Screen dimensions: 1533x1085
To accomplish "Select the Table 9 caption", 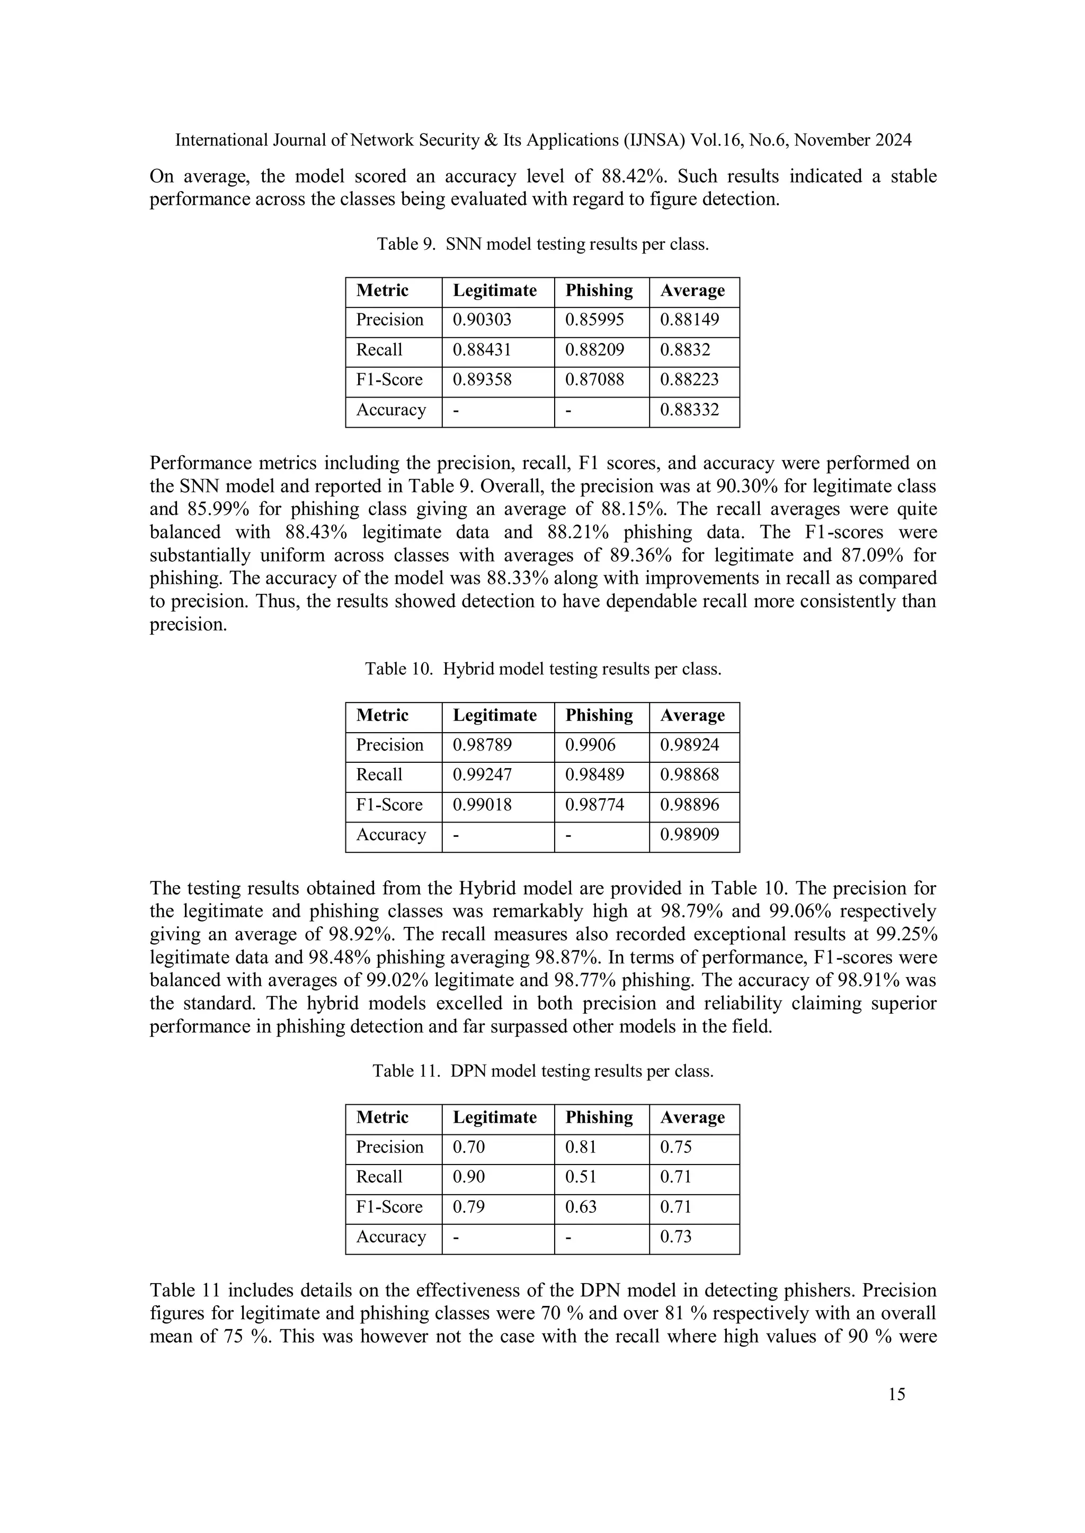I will click(x=542, y=245).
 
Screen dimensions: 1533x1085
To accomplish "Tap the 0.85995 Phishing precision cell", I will click(x=594, y=320).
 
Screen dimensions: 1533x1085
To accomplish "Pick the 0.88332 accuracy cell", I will click(x=689, y=409).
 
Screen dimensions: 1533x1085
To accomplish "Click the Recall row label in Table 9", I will click(x=379, y=350).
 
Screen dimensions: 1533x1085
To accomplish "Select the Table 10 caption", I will click(x=542, y=669).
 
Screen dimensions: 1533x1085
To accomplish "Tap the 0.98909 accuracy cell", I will click(x=689, y=835).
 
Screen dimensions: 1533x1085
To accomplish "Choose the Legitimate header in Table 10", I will click(x=494, y=715).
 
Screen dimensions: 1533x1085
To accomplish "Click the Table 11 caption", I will click(x=542, y=1071).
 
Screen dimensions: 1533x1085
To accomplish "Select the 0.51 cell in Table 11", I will click(x=581, y=1176).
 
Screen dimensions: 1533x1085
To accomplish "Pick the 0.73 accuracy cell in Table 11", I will click(x=675, y=1237).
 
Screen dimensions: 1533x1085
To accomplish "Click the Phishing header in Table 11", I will click(x=599, y=1117).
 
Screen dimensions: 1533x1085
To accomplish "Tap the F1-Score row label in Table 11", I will click(x=389, y=1206).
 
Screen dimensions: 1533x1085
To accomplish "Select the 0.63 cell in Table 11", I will click(x=581, y=1206).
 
